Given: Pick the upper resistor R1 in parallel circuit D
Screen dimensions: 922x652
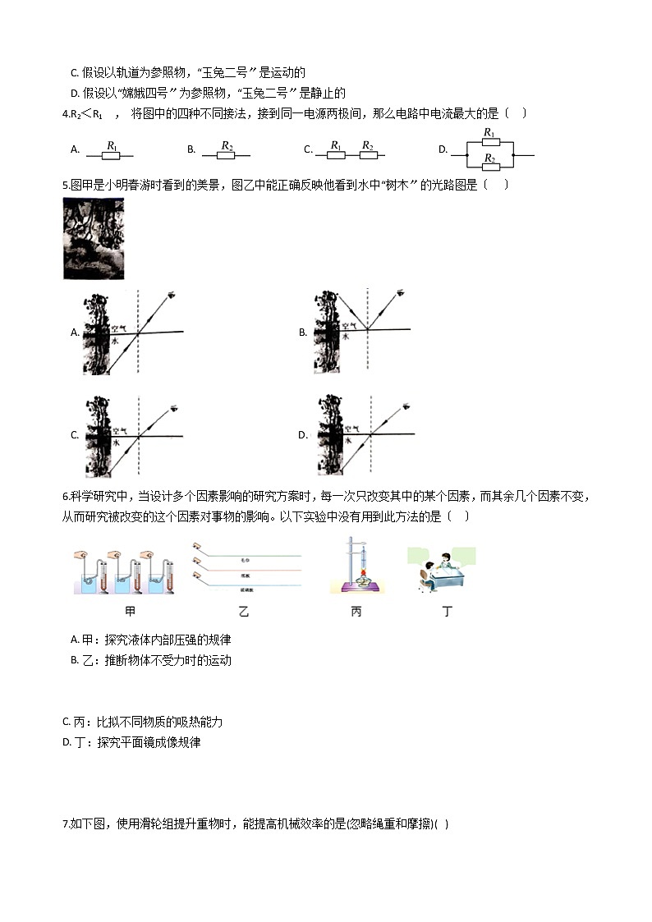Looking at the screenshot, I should tap(489, 142).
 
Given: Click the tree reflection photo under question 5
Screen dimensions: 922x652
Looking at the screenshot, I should tap(93, 238).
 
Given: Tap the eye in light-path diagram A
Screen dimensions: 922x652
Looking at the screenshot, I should tap(172, 295).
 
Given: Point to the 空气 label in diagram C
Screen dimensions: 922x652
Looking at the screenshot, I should tap(120, 429).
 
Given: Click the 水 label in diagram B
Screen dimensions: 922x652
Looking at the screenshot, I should tap(347, 337).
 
